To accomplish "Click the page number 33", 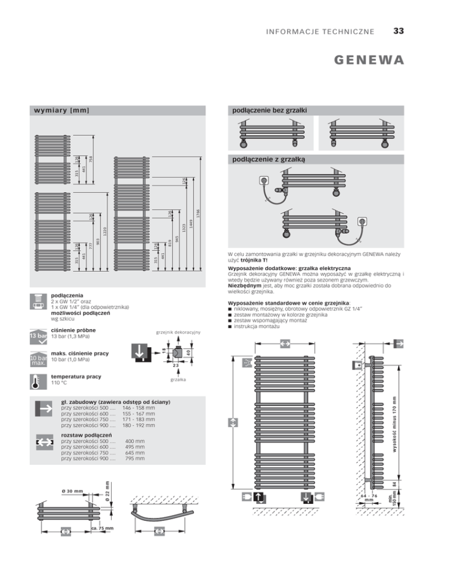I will coord(399,30).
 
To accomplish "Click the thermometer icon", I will coord(38,381).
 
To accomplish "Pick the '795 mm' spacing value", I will coord(136,459).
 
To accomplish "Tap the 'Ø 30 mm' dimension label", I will coord(73,491).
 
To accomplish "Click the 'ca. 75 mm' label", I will coord(102,528).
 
